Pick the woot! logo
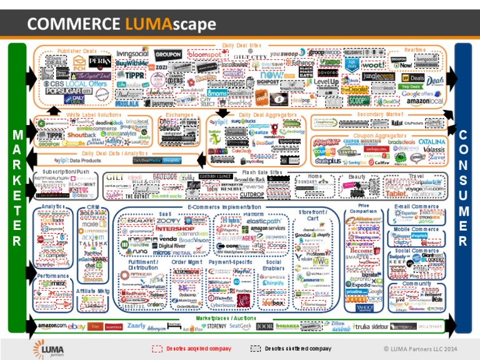click(373, 66)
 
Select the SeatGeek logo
click(240, 326)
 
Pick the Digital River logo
click(172, 246)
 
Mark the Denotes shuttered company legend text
click(297, 347)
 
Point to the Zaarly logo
click(136, 326)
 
